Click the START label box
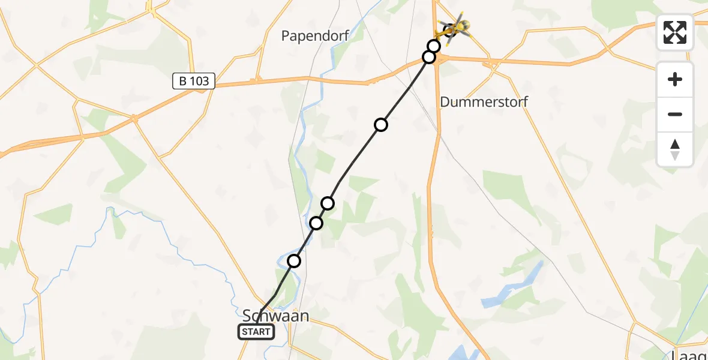point(256,332)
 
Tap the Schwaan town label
point(275,316)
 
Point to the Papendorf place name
point(315,36)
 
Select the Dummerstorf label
point(484,101)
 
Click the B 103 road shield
point(193,82)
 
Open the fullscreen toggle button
point(675,32)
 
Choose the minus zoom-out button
point(675,114)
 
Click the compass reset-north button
point(675,149)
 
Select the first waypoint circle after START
point(294,261)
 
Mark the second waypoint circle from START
point(316,223)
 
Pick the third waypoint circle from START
point(328,203)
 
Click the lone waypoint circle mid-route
point(381,125)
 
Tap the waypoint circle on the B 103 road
point(429,57)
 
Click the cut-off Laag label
point(690,354)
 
